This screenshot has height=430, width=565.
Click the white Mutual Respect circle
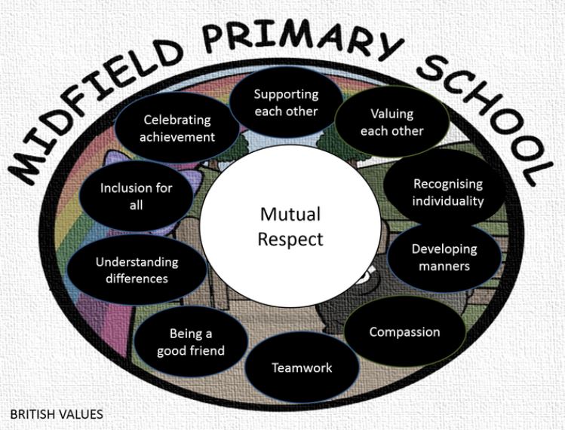290,226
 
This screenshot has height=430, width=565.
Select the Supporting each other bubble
286,103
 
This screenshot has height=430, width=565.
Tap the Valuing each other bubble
392,123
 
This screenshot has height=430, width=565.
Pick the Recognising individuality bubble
448,193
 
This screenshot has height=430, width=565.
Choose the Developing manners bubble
444,257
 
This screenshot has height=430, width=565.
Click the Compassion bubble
404,332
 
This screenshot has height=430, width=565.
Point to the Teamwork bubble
302,367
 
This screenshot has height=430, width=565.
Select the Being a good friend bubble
190,342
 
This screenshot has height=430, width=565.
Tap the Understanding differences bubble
137,270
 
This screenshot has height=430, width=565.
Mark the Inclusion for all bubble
136,196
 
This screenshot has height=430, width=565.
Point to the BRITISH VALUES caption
57,413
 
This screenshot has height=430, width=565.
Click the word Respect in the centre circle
290,239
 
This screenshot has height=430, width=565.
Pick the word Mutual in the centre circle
290,214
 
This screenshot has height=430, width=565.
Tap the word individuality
448,201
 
